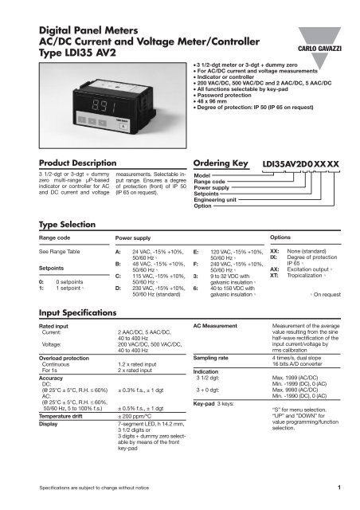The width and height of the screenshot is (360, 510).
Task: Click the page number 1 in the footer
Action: click(338, 486)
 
